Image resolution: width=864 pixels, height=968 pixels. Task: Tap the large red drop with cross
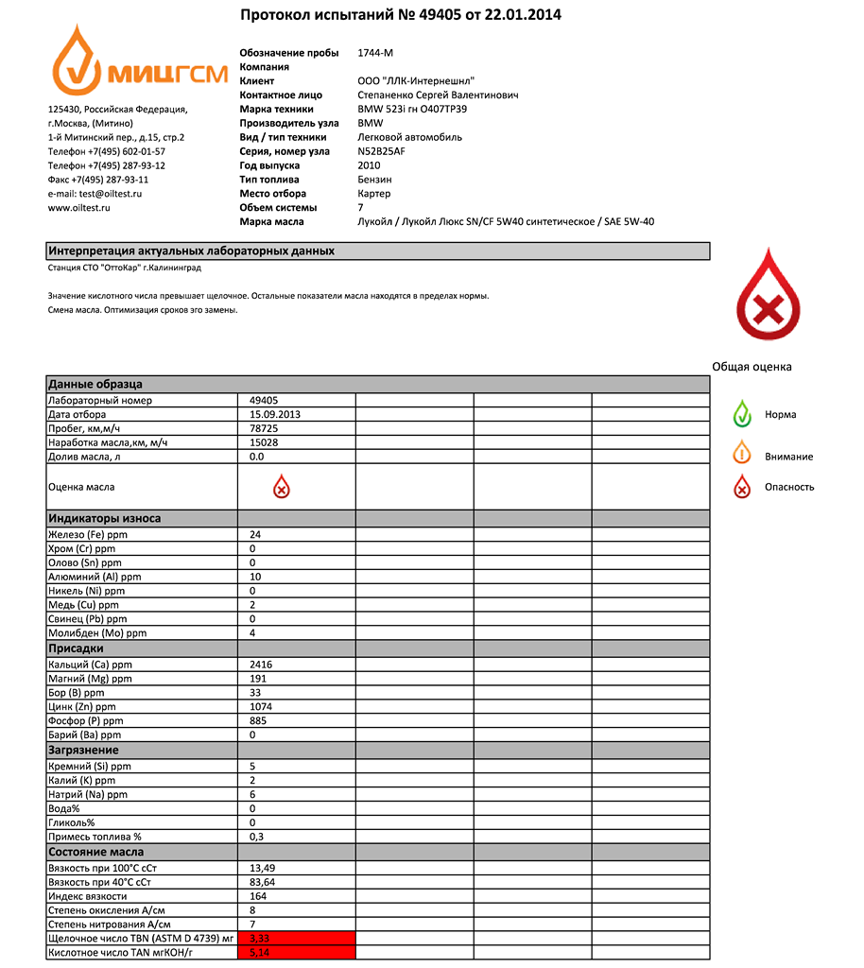click(768, 297)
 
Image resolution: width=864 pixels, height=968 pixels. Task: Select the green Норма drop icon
click(743, 414)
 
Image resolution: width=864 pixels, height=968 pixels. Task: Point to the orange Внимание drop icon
click(743, 455)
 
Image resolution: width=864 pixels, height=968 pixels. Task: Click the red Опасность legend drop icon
click(743, 487)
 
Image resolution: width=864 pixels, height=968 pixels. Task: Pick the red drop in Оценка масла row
click(281, 487)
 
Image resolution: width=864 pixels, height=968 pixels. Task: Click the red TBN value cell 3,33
click(296, 938)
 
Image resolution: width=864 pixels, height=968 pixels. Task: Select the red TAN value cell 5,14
click(296, 953)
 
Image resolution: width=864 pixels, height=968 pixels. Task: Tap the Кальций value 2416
click(261, 665)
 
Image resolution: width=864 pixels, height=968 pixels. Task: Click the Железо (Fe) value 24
click(255, 534)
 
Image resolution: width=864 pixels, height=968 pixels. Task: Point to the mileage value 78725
click(264, 428)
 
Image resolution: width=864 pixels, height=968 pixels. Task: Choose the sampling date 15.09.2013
click(275, 414)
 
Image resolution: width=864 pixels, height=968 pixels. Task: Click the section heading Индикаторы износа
click(105, 518)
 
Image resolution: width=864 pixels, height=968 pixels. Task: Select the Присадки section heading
click(77, 648)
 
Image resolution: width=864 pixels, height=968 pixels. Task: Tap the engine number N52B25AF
click(382, 151)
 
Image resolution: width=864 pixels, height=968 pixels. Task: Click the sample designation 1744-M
click(375, 53)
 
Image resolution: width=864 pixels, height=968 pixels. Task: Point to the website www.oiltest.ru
click(79, 207)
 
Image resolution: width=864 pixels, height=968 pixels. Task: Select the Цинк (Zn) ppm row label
click(82, 706)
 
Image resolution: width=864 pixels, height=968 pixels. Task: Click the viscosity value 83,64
click(263, 881)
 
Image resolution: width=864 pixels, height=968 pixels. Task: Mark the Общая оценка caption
click(752, 367)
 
